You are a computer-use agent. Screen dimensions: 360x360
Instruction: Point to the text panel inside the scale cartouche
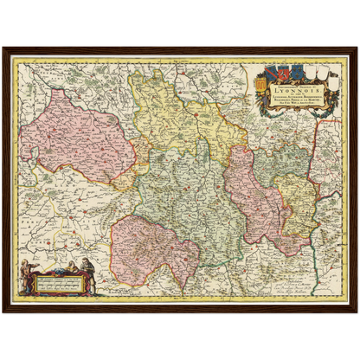coord(59,280)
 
